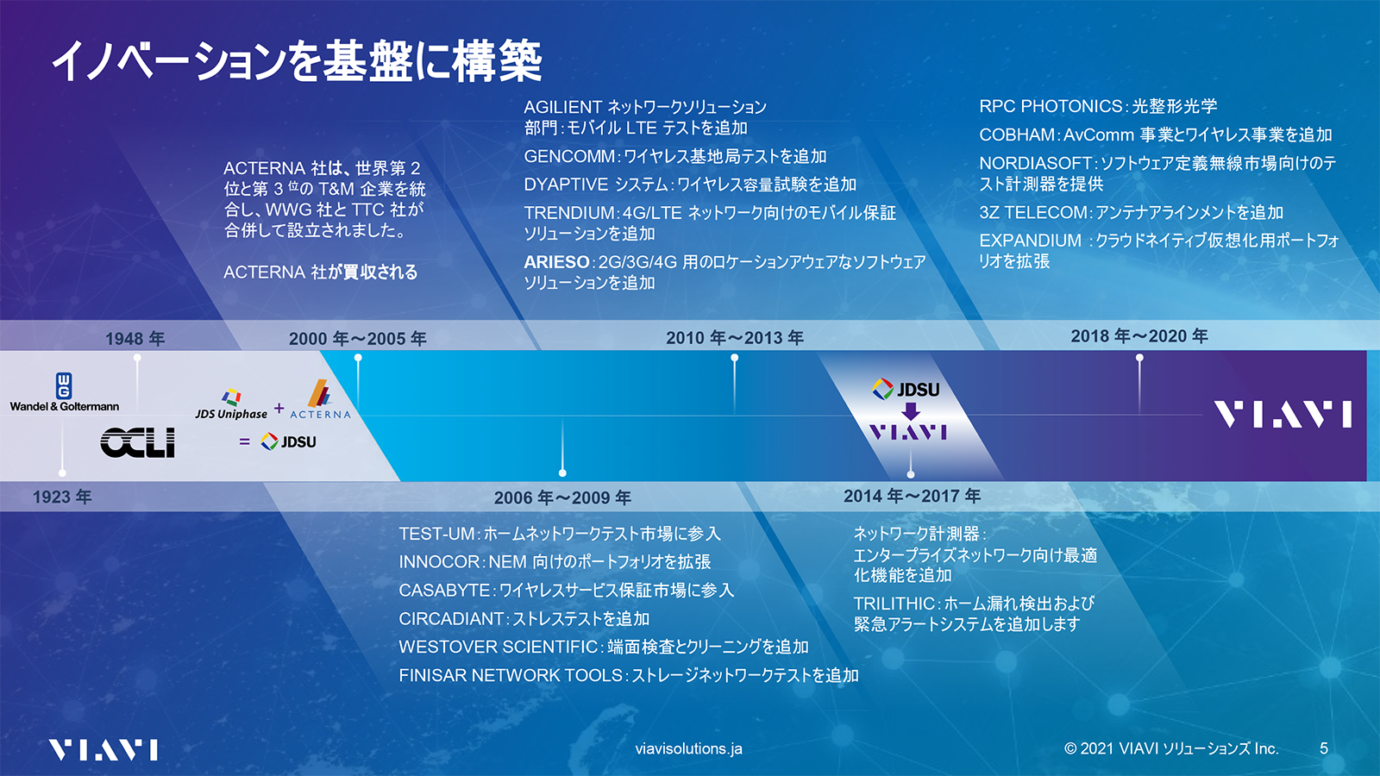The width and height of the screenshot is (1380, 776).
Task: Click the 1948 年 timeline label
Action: [135, 339]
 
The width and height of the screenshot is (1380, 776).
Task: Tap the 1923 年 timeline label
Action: [62, 497]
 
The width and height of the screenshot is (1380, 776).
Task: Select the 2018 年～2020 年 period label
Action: [1138, 336]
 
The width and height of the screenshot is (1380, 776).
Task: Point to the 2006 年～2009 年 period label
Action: [562, 498]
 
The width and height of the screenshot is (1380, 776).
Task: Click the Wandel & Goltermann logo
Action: [65, 393]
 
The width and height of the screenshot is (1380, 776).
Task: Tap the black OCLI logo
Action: [138, 443]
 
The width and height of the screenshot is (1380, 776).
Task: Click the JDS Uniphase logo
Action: [231, 404]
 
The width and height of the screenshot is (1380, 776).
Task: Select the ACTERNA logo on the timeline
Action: [320, 400]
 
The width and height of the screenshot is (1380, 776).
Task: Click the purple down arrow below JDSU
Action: [911, 411]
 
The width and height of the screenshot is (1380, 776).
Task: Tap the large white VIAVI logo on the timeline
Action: [1283, 415]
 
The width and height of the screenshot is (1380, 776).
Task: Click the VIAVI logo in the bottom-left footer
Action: [103, 749]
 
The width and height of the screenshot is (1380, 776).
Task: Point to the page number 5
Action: [1324, 748]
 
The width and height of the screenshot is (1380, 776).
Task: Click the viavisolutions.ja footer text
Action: [688, 748]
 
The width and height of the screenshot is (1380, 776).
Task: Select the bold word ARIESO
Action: [556, 262]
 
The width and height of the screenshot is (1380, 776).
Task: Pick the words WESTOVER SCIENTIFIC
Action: [499, 647]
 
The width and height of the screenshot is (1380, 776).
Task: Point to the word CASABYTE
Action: [444, 591]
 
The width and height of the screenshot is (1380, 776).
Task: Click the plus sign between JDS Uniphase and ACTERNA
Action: [279, 408]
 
